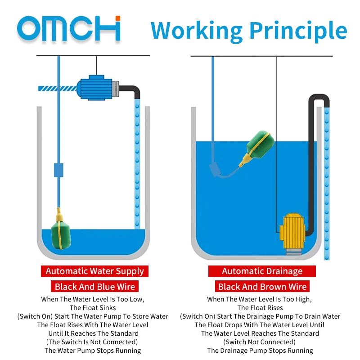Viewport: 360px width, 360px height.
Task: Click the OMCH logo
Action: click(69, 28)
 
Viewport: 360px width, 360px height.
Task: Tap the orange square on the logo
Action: click(118, 18)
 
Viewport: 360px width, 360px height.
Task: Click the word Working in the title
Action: click(197, 31)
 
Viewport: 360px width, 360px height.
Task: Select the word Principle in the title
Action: click(298, 31)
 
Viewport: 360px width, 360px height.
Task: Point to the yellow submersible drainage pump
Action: click(292, 234)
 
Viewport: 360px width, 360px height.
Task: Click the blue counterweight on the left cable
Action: click(58, 170)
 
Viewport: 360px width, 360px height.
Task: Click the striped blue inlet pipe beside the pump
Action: click(58, 88)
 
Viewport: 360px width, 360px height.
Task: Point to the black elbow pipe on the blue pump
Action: click(131, 91)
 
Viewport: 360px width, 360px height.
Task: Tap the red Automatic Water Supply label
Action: click(94, 271)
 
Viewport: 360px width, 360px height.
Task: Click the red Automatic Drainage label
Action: click(262, 271)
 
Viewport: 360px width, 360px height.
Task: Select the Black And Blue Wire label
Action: click(94, 286)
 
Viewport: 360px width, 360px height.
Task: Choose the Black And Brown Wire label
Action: click(262, 286)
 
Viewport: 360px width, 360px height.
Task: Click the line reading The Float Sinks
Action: click(93, 308)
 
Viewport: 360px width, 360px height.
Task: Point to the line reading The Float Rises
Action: click(260, 308)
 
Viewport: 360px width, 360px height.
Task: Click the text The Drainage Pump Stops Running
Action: click(260, 351)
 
